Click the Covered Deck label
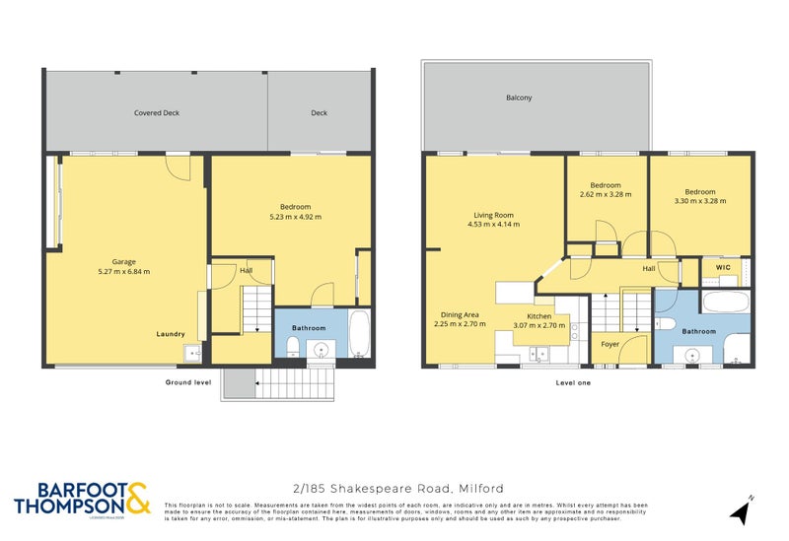tap(157, 113)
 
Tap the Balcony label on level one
tap(519, 98)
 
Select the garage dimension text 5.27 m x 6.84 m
tap(123, 272)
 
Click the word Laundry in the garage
tap(171, 334)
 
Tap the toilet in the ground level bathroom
tap(293, 344)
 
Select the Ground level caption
tap(187, 381)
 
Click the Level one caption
tap(573, 381)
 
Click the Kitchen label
tap(538, 315)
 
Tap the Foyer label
tap(610, 345)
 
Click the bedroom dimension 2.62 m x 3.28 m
tap(606, 195)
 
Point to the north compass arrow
tap(739, 510)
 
